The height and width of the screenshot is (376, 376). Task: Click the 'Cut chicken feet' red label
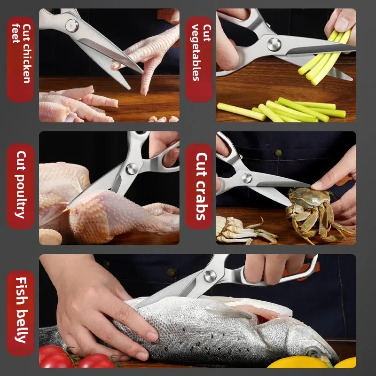click(x=21, y=59)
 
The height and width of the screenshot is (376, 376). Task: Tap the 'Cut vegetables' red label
click(x=199, y=59)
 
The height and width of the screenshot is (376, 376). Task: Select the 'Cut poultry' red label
click(x=21, y=186)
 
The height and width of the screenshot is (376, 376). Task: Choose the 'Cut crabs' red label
click(x=199, y=186)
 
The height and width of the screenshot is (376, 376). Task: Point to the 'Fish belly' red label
click(x=21, y=313)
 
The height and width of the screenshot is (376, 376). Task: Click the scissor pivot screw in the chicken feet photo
click(x=72, y=25)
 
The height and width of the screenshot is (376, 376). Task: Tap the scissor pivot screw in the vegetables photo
click(x=274, y=44)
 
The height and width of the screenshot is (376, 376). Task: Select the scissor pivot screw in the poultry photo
click(x=132, y=169)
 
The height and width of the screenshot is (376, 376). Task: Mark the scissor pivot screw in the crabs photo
click(x=247, y=178)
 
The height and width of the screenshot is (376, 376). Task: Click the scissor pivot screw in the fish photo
click(x=210, y=276)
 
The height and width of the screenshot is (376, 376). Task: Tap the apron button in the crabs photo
click(x=278, y=153)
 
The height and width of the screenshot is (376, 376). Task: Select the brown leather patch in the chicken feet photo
click(x=166, y=14)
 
